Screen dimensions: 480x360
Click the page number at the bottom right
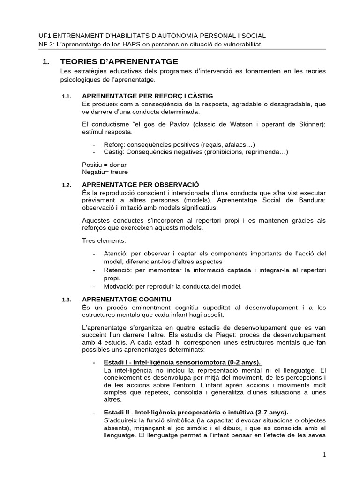tap(323, 454)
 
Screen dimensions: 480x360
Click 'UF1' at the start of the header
tap(45, 36)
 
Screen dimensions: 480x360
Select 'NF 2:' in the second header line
tap(46, 44)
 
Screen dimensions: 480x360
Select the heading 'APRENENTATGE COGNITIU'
tap(127, 299)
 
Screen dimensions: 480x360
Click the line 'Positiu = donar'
tap(104, 165)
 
